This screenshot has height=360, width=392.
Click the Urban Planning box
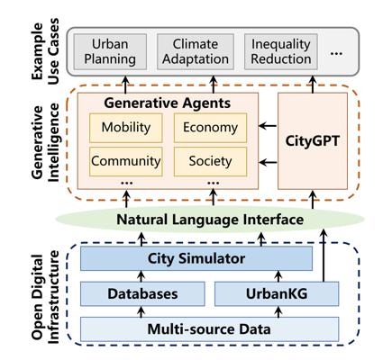point(110,51)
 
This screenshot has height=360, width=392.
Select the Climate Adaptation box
point(196,51)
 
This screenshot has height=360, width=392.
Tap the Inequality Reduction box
point(281,51)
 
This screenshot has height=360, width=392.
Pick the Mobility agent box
point(126,128)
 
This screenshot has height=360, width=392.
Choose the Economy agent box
point(210,128)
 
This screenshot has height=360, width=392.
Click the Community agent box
point(126,161)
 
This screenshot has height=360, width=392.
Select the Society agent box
point(210,161)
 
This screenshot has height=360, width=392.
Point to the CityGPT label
point(313,141)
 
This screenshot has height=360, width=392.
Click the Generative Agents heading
point(168,103)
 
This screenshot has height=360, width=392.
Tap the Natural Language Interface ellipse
point(210,220)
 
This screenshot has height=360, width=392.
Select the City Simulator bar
point(196,258)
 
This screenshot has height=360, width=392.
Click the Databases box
point(142,293)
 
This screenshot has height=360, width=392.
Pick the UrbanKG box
point(277,293)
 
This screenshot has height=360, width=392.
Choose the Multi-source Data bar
point(209,329)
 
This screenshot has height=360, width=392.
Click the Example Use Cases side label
point(45,51)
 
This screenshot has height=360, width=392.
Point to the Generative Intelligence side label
point(45,142)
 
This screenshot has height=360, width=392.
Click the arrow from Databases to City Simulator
point(141,276)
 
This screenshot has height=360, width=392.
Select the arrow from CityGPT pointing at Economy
point(268,126)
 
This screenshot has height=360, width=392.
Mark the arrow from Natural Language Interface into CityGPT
point(313,199)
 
